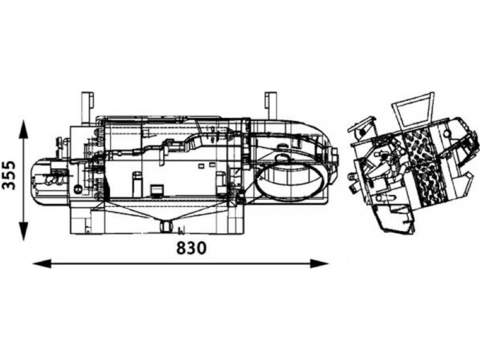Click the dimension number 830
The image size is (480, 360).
pyautogui.click(x=191, y=248)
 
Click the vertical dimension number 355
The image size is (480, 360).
pyautogui.click(x=8, y=175)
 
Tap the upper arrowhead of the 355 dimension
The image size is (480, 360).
pyautogui.click(x=23, y=128)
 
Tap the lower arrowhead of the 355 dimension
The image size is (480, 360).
pyautogui.click(x=23, y=231)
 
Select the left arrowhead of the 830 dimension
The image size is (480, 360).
pyautogui.click(x=42, y=263)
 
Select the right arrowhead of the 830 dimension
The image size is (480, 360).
pyautogui.click(x=319, y=263)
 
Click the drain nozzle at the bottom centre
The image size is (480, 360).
pyautogui.click(x=167, y=227)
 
